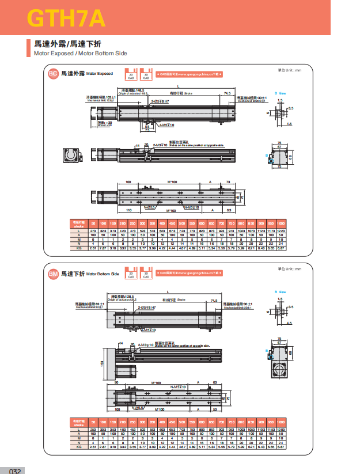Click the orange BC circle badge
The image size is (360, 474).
[52, 73]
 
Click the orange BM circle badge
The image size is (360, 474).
[52, 273]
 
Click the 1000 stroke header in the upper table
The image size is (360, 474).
[281, 223]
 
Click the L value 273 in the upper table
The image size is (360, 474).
[94, 230]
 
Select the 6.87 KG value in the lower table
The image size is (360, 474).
[281, 447]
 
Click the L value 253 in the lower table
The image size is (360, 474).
[94, 430]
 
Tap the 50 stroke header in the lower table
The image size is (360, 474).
[94, 423]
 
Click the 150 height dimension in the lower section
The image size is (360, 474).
[102, 363]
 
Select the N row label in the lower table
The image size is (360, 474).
[78, 442]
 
